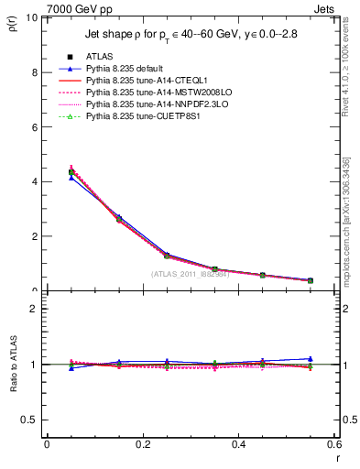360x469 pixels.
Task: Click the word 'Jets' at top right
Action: (328, 7)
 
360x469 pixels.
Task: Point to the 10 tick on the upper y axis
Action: (32, 17)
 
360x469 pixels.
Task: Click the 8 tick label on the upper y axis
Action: (34, 72)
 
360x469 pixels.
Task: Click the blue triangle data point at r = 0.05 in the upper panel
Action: (71, 177)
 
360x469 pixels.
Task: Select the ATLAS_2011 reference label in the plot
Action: (190, 274)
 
